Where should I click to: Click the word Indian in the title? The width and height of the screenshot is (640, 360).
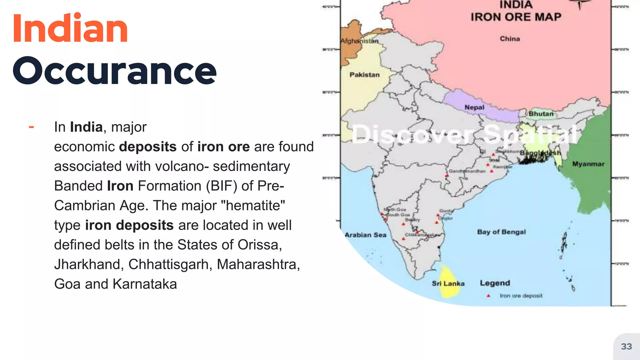(x=70, y=29)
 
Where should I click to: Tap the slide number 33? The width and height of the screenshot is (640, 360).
(x=626, y=347)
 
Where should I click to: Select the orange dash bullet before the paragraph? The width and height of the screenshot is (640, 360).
(x=31, y=127)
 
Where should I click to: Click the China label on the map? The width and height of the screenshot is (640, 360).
(x=510, y=39)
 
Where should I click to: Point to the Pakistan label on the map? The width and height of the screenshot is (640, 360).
(x=364, y=75)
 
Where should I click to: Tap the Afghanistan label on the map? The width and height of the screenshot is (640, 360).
(x=359, y=41)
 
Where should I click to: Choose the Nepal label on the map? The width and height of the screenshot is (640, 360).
(x=474, y=107)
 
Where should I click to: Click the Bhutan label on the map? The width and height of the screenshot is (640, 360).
(x=541, y=114)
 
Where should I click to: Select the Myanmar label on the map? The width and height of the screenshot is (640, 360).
(x=588, y=164)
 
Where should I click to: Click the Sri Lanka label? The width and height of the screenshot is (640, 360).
(x=448, y=283)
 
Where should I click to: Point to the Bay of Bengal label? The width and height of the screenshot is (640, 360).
(x=501, y=232)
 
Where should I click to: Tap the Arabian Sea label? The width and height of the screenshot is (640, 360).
(x=365, y=235)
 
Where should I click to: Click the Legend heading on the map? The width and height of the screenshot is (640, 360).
(x=495, y=283)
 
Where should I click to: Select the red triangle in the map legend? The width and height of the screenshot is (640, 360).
(x=488, y=296)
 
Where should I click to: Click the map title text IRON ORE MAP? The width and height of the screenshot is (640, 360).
(x=516, y=17)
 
